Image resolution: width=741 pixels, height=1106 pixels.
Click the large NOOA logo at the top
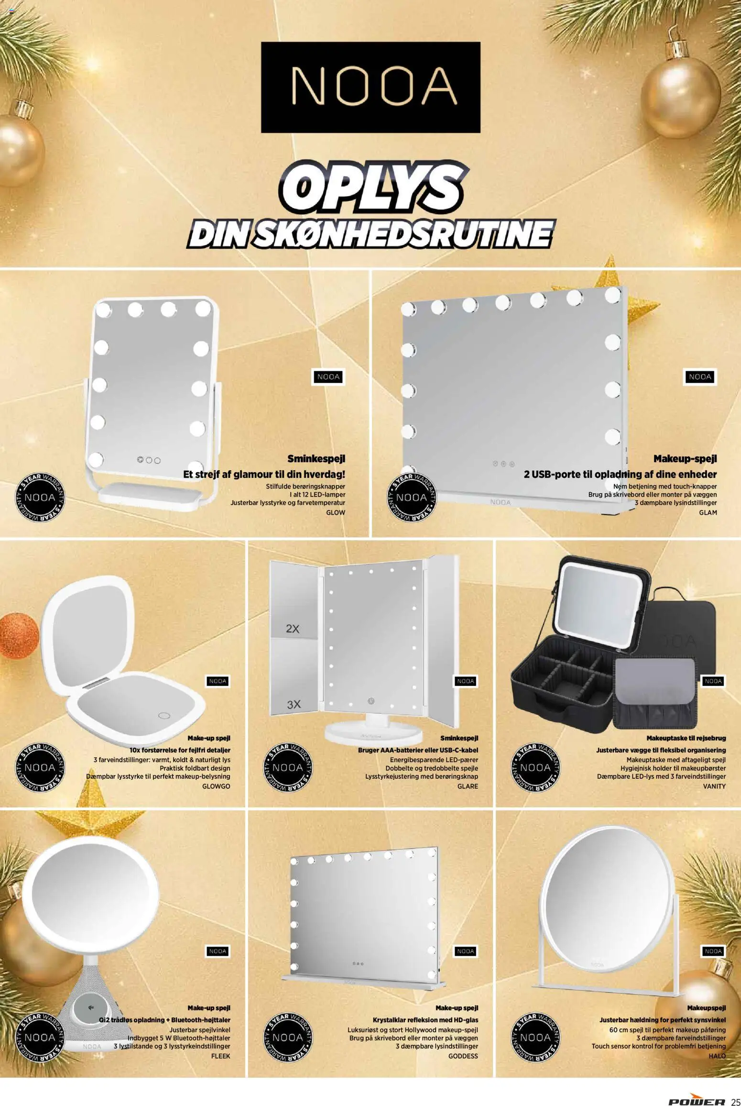click(x=370, y=87)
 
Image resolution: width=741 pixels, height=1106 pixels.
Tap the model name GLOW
click(x=335, y=512)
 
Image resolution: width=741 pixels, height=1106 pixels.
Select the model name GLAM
click(x=708, y=512)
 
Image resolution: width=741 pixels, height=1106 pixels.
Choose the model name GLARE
click(x=468, y=786)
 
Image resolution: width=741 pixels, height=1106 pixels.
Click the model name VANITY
click(x=714, y=786)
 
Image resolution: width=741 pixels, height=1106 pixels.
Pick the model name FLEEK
click(x=220, y=1056)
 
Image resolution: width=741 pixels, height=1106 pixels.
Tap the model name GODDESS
click(x=463, y=1056)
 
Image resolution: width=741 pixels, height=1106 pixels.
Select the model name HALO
click(x=717, y=1056)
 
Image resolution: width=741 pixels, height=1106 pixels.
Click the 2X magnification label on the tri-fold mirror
click(x=293, y=629)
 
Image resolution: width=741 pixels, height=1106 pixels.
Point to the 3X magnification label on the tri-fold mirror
click(x=294, y=704)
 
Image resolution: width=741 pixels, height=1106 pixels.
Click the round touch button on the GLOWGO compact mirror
click(x=164, y=716)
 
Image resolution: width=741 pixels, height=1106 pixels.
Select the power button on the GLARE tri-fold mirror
click(x=370, y=701)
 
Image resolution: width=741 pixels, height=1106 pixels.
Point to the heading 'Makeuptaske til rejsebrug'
click(x=686, y=738)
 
